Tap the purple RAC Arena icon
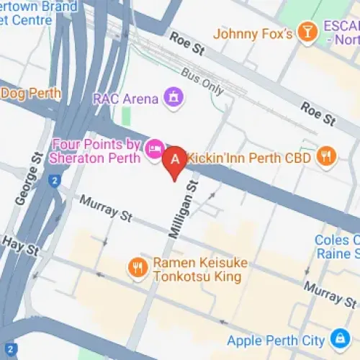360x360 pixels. pos(172,96)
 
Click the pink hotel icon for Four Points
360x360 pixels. pos(153,149)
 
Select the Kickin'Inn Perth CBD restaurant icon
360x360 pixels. pos(327,156)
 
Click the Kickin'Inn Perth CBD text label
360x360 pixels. pos(248,158)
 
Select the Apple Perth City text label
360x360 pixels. pos(276,340)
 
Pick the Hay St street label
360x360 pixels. pos(19,245)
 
